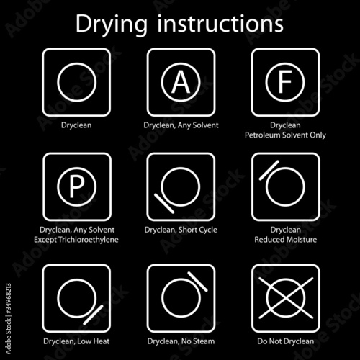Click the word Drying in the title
click(111, 25)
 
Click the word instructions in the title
click(220, 23)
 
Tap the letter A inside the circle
click(181, 82)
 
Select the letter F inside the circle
click(285, 82)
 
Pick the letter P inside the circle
click(76, 186)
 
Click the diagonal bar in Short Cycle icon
click(164, 203)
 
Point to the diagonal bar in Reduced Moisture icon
click(269, 170)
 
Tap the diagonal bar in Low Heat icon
click(93, 315)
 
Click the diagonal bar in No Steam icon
click(197, 282)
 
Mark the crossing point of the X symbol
click(286, 298)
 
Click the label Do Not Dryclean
click(286, 341)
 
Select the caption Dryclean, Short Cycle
click(181, 230)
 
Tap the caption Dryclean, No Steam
click(181, 341)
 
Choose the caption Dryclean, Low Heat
click(76, 341)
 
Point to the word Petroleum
click(263, 135)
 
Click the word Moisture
click(302, 240)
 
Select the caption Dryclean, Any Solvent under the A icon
click(181, 125)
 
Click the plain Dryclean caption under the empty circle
click(76, 125)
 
